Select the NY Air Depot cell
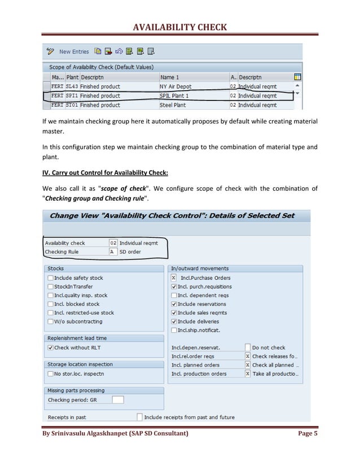point(176,87)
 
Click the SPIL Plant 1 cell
point(174,96)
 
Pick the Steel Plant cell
point(173,105)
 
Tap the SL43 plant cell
point(72,87)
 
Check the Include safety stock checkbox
point(51,278)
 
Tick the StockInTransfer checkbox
point(51,287)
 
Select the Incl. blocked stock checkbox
point(51,304)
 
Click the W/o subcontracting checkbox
point(51,322)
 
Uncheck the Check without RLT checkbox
point(51,348)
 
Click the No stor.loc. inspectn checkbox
point(51,373)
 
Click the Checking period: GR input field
point(117,400)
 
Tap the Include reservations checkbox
point(174,304)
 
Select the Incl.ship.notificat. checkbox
point(174,330)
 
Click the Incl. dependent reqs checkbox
point(174,295)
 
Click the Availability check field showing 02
point(113,243)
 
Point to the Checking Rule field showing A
point(113,252)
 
